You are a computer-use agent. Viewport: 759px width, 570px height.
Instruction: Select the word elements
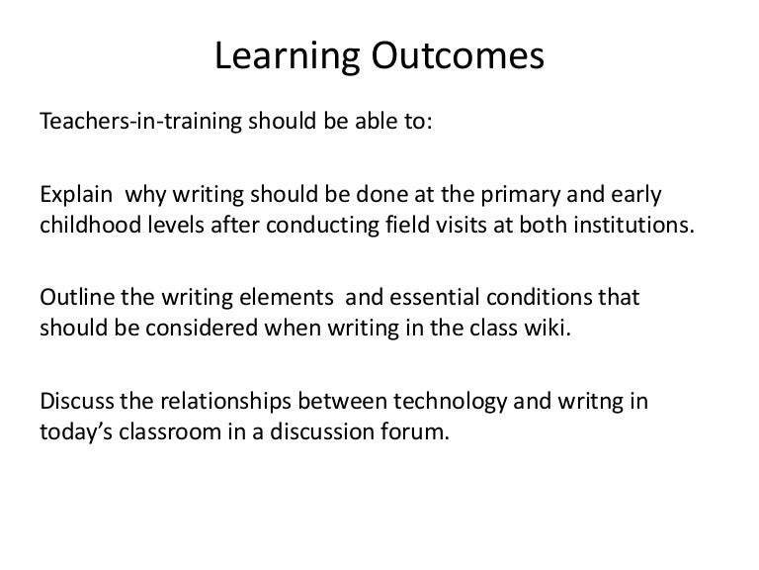pyautogui.click(x=272, y=297)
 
